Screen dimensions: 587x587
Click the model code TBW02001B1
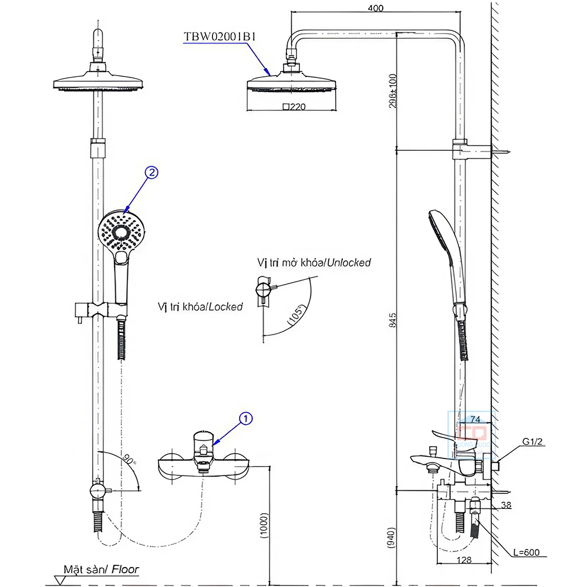click(x=220, y=36)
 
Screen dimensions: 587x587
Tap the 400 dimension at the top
click(x=376, y=8)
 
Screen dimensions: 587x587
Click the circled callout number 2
click(x=151, y=173)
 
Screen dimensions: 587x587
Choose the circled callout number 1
click(x=246, y=418)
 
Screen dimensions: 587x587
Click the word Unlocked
click(x=349, y=262)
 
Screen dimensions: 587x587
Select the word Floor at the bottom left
click(x=126, y=568)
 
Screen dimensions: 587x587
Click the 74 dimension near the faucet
click(x=476, y=419)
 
